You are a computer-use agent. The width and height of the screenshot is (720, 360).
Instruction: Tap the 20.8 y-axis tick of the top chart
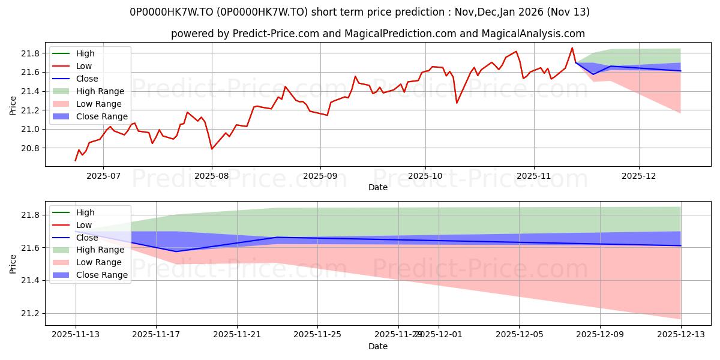[x=30, y=148]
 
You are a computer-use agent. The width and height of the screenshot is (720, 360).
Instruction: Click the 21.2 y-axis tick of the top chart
[x=30, y=110]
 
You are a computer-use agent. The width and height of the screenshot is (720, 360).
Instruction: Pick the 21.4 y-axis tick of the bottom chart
[x=30, y=281]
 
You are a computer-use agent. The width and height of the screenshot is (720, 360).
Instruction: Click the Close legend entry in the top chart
[x=87, y=79]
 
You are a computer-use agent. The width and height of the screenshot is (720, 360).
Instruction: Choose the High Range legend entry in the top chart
[x=100, y=91]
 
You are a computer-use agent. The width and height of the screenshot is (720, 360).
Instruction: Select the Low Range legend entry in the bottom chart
[x=99, y=262]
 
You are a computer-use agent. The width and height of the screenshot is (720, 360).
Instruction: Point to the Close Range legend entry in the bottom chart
[x=101, y=275]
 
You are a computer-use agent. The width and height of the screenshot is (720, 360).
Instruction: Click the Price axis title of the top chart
[x=13, y=106]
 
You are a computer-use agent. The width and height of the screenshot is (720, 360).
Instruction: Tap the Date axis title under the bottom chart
[x=378, y=346]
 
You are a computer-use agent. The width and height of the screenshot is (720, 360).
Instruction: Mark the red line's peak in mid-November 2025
[x=572, y=48]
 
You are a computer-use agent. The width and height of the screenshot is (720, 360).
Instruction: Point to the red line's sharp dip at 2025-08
[x=211, y=149]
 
